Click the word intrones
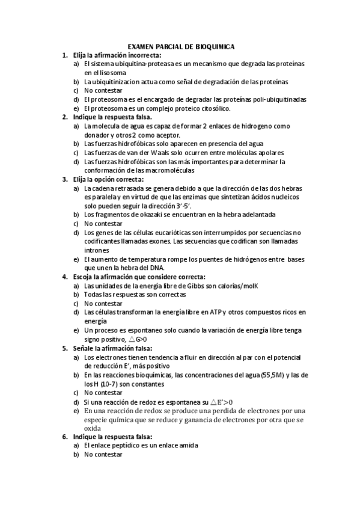point(97,250)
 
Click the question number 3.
point(66,179)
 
